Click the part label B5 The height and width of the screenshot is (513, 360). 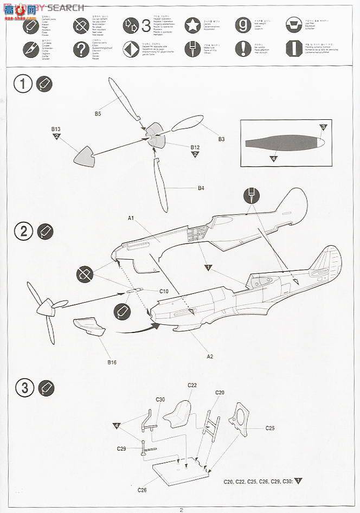click(x=98, y=113)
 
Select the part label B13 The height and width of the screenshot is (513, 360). click(x=56, y=129)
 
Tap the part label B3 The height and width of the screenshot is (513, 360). click(x=221, y=139)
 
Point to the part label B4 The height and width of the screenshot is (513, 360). click(x=201, y=188)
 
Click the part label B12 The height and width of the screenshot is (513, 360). click(x=195, y=147)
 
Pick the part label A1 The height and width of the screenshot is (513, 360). click(x=131, y=218)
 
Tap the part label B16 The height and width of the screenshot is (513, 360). click(x=112, y=362)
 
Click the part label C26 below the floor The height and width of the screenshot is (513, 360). click(x=142, y=490)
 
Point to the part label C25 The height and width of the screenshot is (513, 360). click(x=270, y=428)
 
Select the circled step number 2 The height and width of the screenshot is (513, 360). click(x=24, y=232)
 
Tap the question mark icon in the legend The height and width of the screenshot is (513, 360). click(x=81, y=50)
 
